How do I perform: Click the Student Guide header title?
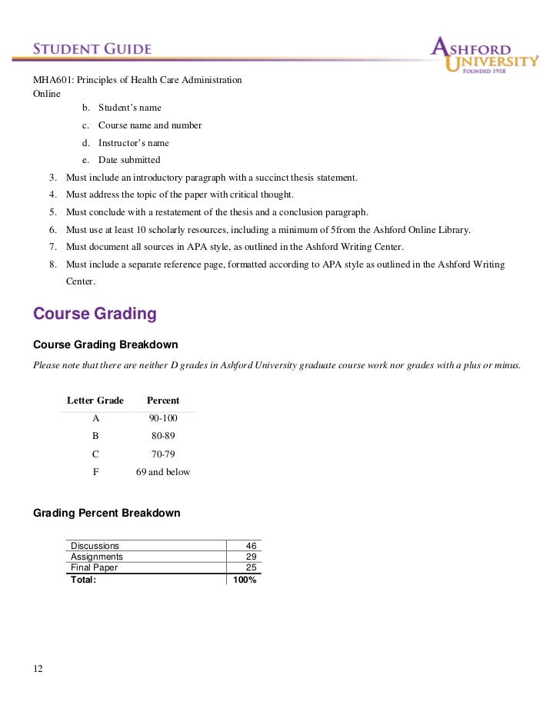pyautogui.click(x=92, y=49)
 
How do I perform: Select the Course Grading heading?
pyautogui.click(x=95, y=314)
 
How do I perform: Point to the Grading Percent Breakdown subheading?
pyautogui.click(x=107, y=513)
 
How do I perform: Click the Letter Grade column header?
pyautogui.click(x=95, y=401)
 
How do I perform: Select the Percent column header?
pyautogui.click(x=163, y=401)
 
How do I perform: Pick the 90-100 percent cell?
pyautogui.click(x=163, y=418)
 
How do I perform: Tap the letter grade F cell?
pyautogui.click(x=95, y=472)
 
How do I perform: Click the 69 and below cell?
pyautogui.click(x=163, y=472)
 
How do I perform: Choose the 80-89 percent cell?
pyautogui.click(x=163, y=436)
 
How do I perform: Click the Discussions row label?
pyautogui.click(x=95, y=546)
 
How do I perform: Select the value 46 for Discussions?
pyautogui.click(x=250, y=546)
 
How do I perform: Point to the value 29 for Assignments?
pyautogui.click(x=250, y=557)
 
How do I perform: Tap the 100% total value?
pyautogui.click(x=245, y=580)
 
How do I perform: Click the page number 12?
pyautogui.click(x=38, y=669)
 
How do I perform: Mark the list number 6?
pyautogui.click(x=52, y=229)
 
